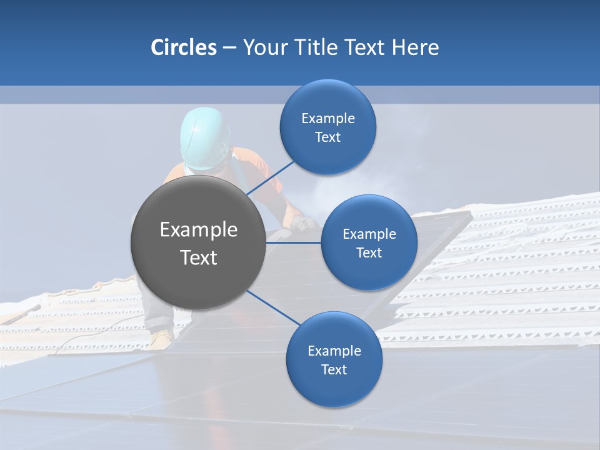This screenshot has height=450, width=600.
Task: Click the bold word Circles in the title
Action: (x=184, y=47)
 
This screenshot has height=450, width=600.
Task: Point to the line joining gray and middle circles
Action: (x=294, y=242)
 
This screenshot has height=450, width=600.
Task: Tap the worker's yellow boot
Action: (x=161, y=339)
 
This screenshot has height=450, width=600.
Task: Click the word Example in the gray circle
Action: (x=199, y=230)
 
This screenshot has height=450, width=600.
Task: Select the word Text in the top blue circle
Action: (x=327, y=137)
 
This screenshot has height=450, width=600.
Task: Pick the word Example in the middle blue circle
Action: (x=369, y=234)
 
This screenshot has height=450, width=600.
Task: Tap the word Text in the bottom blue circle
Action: (x=334, y=369)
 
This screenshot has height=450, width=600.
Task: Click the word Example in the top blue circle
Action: (x=327, y=119)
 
